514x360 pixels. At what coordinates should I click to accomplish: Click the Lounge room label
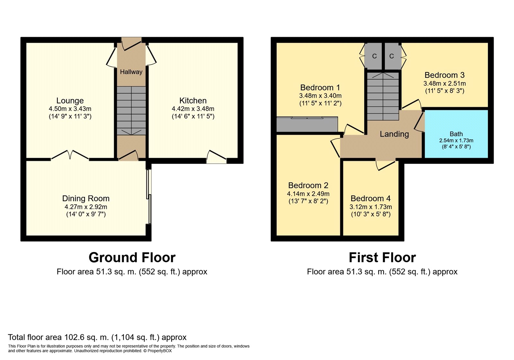coord(70,101)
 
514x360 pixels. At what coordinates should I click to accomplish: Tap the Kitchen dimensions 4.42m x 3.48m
coord(193,109)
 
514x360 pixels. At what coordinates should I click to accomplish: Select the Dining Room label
coord(86,198)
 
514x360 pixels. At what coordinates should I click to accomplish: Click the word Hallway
coord(131,72)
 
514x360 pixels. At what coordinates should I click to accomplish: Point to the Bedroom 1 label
coord(320,87)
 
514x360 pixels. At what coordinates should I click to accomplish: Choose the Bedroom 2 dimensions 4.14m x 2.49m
coord(308,194)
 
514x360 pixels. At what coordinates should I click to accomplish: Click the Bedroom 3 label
coord(445,75)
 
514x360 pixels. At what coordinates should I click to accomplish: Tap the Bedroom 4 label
coord(371,198)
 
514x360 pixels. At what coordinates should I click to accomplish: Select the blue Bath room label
coord(456,134)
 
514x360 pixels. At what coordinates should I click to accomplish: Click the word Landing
coord(394,134)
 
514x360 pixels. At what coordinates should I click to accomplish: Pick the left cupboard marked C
coord(374,56)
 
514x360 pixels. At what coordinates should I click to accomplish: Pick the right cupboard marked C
coord(392,56)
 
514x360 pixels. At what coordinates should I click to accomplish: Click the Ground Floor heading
coord(132,257)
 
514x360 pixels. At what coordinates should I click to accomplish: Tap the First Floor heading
coord(382,257)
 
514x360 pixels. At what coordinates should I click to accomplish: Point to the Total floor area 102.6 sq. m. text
coord(97,337)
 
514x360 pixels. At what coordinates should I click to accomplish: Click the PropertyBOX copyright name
coord(160,351)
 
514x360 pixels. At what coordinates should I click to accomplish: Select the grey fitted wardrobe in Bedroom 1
coord(307,124)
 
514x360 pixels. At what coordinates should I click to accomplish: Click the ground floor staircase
coord(131,111)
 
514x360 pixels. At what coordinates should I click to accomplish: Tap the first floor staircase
coord(383,96)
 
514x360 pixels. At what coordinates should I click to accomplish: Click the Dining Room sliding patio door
coord(149,196)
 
